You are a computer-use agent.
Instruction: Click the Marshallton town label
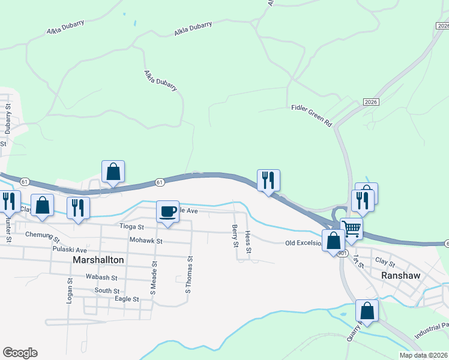point(98,260)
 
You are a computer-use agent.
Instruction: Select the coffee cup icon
point(167,212)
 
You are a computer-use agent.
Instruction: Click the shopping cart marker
point(351,227)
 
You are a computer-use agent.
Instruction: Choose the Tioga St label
point(132,227)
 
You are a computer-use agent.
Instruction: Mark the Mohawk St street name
point(146,241)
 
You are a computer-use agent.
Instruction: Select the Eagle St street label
point(127,299)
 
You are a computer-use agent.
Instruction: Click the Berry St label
point(234,235)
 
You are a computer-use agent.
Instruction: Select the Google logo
point(20,353)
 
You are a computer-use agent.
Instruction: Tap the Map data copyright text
point(423,355)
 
